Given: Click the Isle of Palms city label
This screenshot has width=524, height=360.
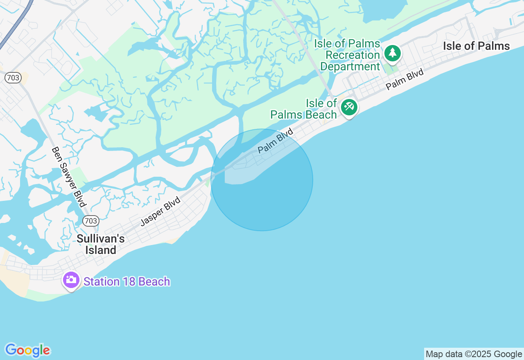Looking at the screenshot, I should pyautogui.click(x=476, y=46).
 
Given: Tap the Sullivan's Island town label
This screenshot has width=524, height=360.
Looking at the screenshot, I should pyautogui.click(x=101, y=244).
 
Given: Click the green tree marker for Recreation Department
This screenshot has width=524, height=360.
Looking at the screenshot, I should pyautogui.click(x=393, y=53).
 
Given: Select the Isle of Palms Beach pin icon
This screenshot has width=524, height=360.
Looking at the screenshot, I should pyautogui.click(x=349, y=108).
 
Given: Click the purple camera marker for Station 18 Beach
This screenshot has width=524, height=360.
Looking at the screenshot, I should pyautogui.click(x=71, y=280).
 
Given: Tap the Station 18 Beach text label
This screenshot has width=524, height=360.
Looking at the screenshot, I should pyautogui.click(x=127, y=281).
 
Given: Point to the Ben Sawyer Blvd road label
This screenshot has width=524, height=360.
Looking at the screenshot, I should pyautogui.click(x=69, y=177).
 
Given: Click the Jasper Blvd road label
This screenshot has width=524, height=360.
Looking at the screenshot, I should pyautogui.click(x=160, y=211).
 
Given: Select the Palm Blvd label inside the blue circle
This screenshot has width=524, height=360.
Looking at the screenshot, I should pyautogui.click(x=276, y=141).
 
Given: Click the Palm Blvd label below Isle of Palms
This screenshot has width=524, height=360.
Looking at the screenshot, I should pyautogui.click(x=404, y=79).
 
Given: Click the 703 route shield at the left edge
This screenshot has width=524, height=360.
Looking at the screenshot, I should pyautogui.click(x=13, y=78).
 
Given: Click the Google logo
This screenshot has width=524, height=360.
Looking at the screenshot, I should pyautogui.click(x=27, y=350).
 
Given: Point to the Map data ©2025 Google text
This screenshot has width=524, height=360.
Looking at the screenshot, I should pyautogui.click(x=474, y=354).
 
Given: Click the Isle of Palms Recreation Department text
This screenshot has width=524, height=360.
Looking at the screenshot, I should pyautogui.click(x=348, y=55).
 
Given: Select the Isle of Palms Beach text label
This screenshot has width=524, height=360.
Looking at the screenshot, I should pyautogui.click(x=304, y=109).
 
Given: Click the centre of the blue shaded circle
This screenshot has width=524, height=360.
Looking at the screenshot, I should pyautogui.click(x=262, y=180).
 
